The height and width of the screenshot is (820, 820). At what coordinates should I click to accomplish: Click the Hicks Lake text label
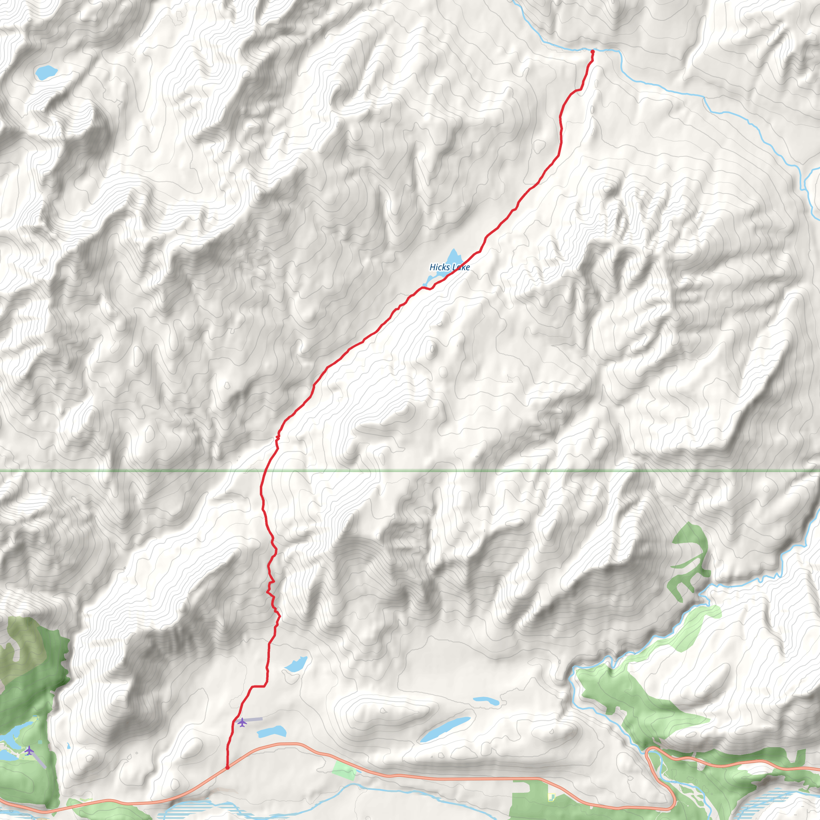pyautogui.click(x=450, y=267)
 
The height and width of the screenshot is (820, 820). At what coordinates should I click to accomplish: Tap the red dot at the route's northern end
pyautogui.click(x=593, y=52)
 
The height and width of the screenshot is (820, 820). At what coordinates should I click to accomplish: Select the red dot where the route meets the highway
pyautogui.click(x=227, y=768)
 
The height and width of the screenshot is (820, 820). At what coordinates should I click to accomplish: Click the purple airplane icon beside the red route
pyautogui.click(x=242, y=722)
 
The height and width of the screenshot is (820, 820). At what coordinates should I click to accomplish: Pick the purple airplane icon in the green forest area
pyautogui.click(x=29, y=750)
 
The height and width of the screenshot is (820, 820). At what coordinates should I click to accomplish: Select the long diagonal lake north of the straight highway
pyautogui.click(x=445, y=729)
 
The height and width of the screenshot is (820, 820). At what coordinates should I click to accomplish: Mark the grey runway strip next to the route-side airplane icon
pyautogui.click(x=254, y=719)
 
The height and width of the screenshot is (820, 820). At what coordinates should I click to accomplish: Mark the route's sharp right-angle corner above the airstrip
pyautogui.click(x=266, y=686)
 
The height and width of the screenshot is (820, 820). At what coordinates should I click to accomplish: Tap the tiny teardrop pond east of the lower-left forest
pyautogui.click(x=69, y=746)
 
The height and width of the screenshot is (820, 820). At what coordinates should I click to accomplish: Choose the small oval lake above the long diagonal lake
pyautogui.click(x=486, y=701)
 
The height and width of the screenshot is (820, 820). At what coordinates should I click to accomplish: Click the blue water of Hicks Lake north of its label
pyautogui.click(x=454, y=257)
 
